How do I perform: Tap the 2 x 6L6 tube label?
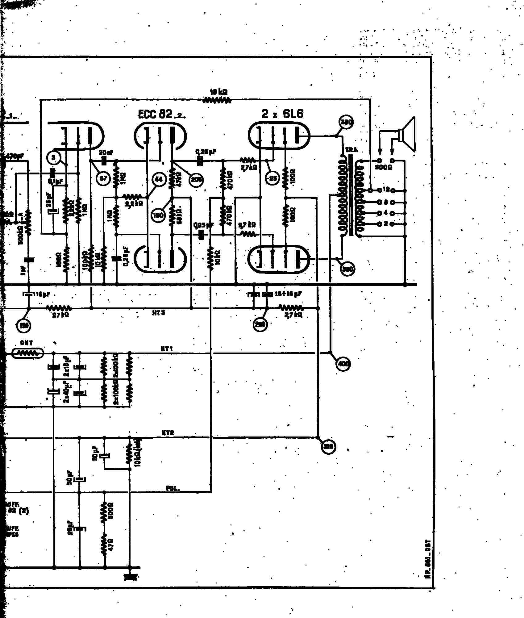point(282,114)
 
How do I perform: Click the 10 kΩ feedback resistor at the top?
point(217,100)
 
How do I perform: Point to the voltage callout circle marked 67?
point(103,178)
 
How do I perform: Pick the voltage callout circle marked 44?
point(159,179)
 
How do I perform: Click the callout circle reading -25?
point(272,178)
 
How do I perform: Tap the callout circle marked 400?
point(343,364)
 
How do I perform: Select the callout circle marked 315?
point(328,447)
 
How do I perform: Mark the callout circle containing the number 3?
point(53,158)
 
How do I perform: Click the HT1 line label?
point(167,349)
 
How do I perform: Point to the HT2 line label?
point(168,433)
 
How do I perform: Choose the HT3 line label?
point(159,313)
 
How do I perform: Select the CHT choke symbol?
point(27,353)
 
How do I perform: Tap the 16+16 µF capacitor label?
point(288,294)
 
